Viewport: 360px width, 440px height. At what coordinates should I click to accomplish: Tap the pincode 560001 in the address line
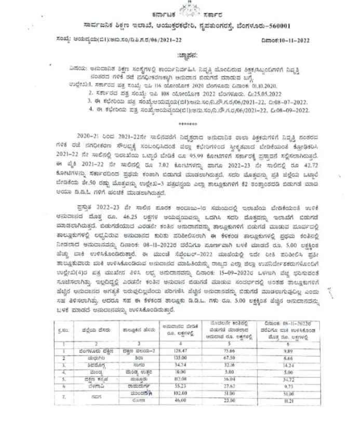[288, 24]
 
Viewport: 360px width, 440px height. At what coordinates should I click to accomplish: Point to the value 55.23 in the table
[179, 388]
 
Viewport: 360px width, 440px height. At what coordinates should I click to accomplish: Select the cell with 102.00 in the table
[179, 394]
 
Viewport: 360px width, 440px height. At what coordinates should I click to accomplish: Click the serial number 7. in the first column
[62, 398]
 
